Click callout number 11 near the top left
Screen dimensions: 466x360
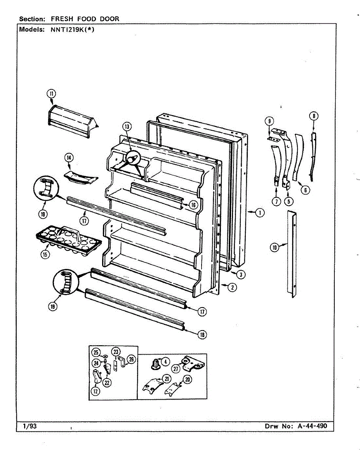tap(51, 93)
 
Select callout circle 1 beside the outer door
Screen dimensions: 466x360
tap(260, 212)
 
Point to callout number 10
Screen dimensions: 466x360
tap(275, 247)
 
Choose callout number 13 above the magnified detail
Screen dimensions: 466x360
tap(127, 126)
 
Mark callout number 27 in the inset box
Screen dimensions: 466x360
tap(176, 369)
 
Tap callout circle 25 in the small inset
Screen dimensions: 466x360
tap(96, 352)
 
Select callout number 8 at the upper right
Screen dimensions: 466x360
tap(314, 115)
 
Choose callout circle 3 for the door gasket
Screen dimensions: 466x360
tap(241, 275)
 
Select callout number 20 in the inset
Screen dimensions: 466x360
tap(188, 379)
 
